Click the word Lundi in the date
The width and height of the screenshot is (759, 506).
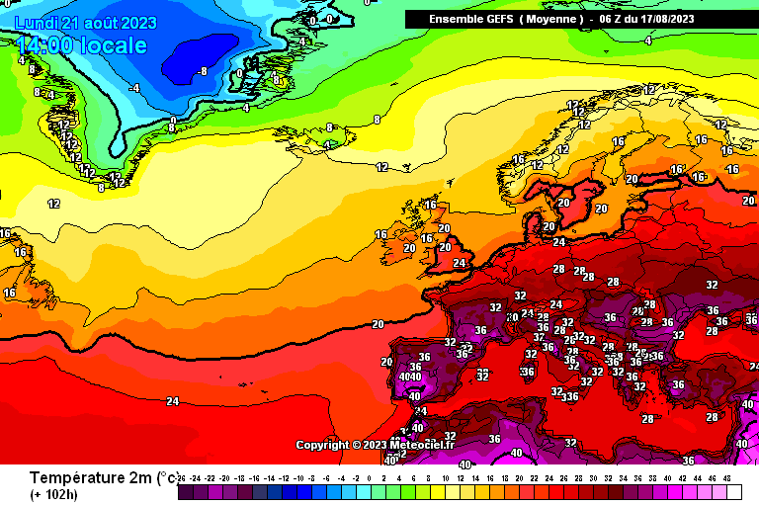tap(36, 23)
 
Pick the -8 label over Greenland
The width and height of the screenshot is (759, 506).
tap(202, 71)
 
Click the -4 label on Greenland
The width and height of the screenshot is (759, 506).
tap(135, 88)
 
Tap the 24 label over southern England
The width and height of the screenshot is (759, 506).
tap(460, 264)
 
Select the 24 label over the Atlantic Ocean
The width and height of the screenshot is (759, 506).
tap(173, 401)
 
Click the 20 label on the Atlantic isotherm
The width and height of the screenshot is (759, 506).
tap(378, 324)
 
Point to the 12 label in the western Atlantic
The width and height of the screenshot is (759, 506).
tap(54, 204)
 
